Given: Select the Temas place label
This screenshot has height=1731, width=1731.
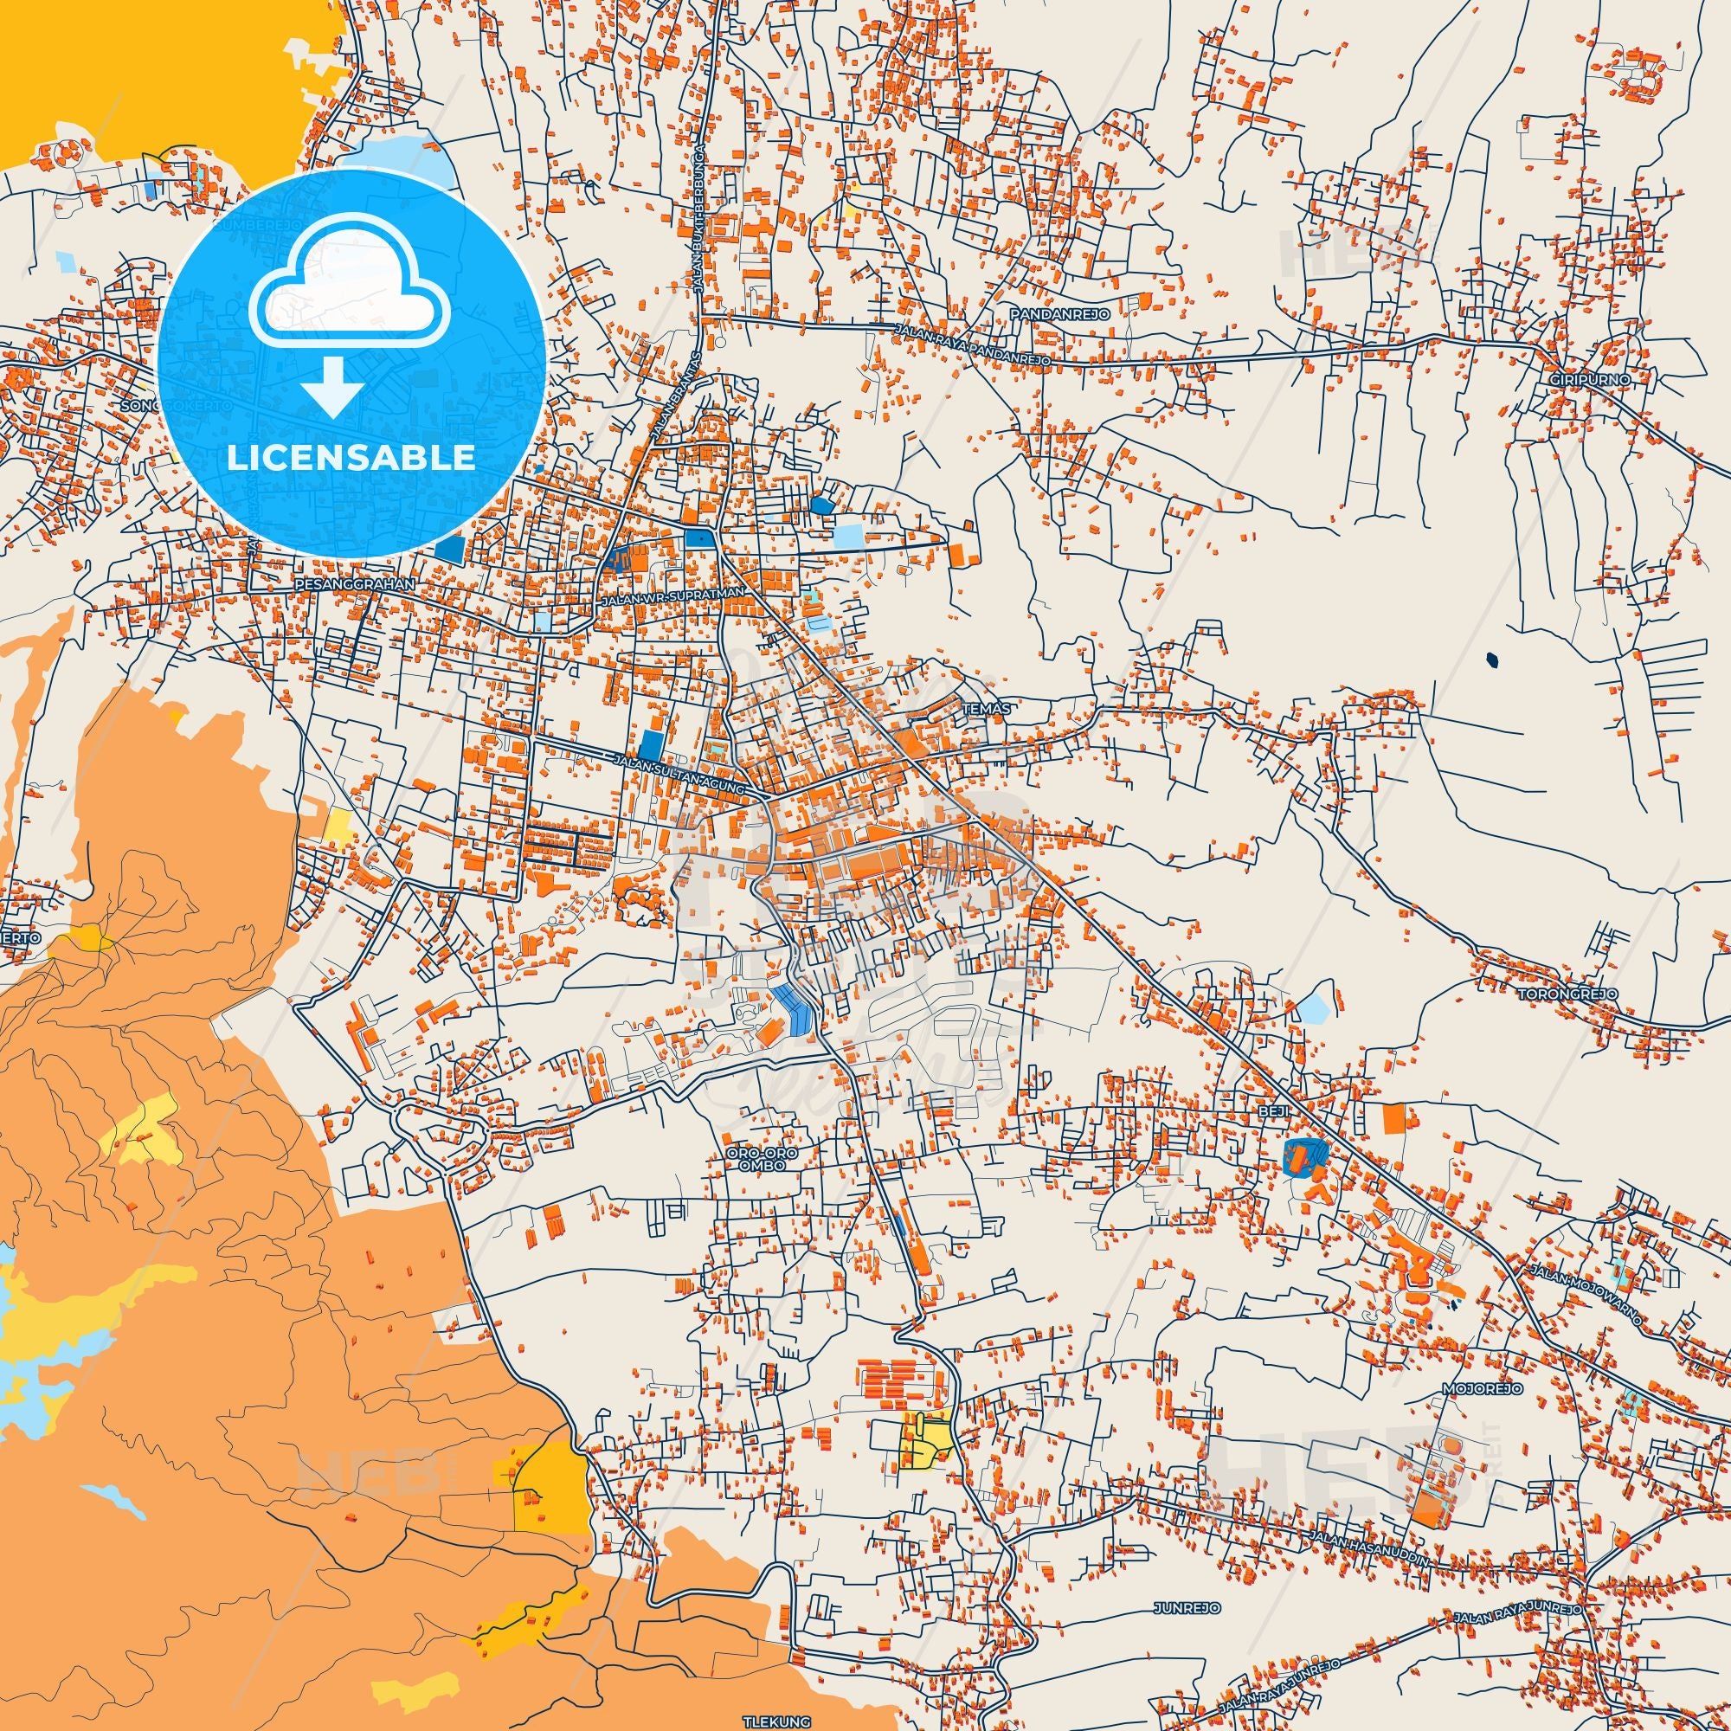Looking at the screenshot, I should pyautogui.click(x=986, y=708).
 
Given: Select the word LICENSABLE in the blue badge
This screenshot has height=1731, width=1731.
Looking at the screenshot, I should pyautogui.click(x=352, y=458).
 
